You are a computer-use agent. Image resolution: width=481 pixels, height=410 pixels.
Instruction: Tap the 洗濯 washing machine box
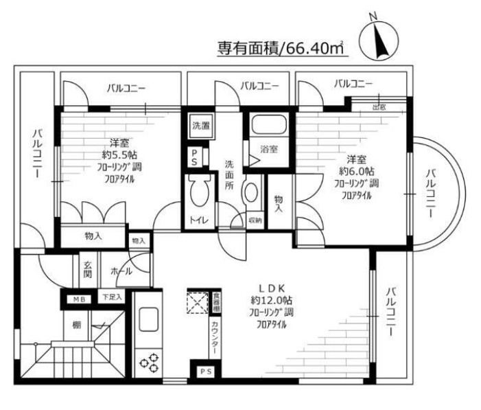[x=200, y=126]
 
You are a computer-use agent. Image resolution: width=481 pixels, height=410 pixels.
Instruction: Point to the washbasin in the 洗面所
[x=252, y=194]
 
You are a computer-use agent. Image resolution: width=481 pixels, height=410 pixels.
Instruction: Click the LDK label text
[x=268, y=288]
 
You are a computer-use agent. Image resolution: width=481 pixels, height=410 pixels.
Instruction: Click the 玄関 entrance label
[x=89, y=269]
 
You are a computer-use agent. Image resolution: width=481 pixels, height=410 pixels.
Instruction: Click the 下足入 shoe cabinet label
[x=112, y=297]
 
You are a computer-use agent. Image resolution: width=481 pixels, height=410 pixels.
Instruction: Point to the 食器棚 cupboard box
[x=215, y=303]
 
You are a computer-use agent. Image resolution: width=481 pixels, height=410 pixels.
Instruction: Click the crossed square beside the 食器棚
[x=198, y=302]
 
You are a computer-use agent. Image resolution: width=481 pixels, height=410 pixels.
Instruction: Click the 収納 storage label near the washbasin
[x=255, y=220]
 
